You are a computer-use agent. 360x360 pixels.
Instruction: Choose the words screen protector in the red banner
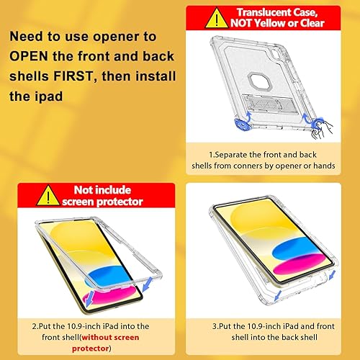click(x=107, y=202)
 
